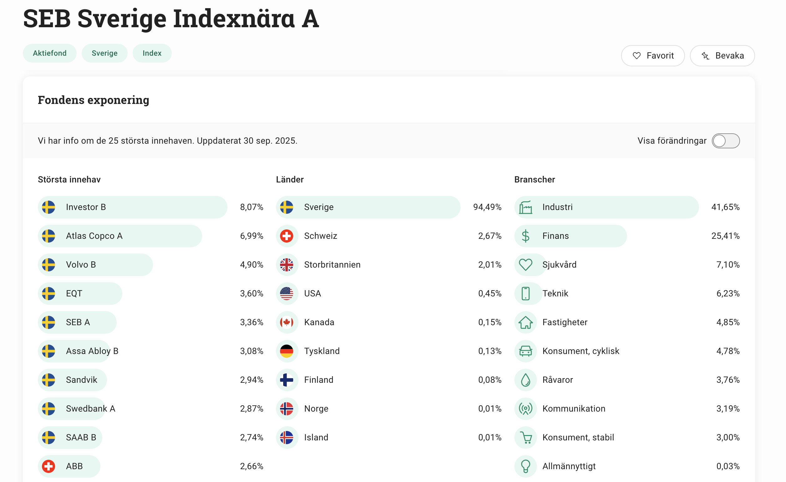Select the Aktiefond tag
(x=49, y=53)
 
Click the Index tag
(x=152, y=53)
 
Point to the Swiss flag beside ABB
(x=48, y=466)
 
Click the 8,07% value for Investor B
(x=251, y=207)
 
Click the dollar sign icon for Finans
(x=525, y=236)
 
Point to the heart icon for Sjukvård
(x=525, y=264)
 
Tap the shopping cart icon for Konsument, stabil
(x=525, y=437)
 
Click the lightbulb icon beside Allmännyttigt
(x=525, y=466)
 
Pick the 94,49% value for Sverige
(x=487, y=207)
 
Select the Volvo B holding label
(x=81, y=264)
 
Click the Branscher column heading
(x=534, y=180)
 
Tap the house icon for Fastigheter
(x=525, y=322)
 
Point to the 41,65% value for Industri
(x=725, y=207)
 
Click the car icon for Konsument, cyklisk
(x=525, y=351)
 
